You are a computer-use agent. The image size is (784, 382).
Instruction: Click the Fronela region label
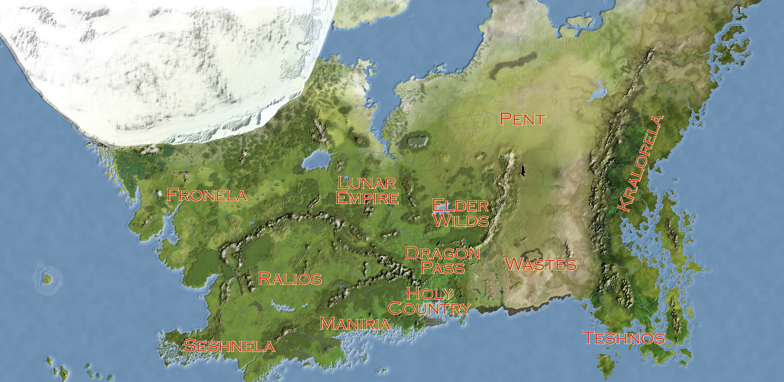point(207,195)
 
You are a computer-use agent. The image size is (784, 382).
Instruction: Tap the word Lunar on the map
point(367,183)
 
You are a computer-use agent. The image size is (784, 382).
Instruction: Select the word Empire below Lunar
point(367,198)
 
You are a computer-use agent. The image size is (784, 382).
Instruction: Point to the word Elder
point(461,205)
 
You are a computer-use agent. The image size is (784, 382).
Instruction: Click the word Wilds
point(461,220)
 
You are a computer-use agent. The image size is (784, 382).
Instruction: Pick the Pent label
point(522,119)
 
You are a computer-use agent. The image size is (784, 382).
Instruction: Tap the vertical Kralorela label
point(641,163)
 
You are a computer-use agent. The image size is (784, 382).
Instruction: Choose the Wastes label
point(540,265)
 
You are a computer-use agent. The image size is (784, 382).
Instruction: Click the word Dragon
point(442,253)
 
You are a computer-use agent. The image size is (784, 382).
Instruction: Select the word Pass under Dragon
point(443,268)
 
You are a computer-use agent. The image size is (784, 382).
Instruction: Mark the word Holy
point(430,293)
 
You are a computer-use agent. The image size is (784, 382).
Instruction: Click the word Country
point(429,308)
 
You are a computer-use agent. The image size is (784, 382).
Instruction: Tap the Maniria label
point(355,324)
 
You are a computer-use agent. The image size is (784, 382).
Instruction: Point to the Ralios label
point(290,279)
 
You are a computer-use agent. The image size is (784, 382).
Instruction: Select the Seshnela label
point(229,346)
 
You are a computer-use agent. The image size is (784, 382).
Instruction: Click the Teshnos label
point(623,338)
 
